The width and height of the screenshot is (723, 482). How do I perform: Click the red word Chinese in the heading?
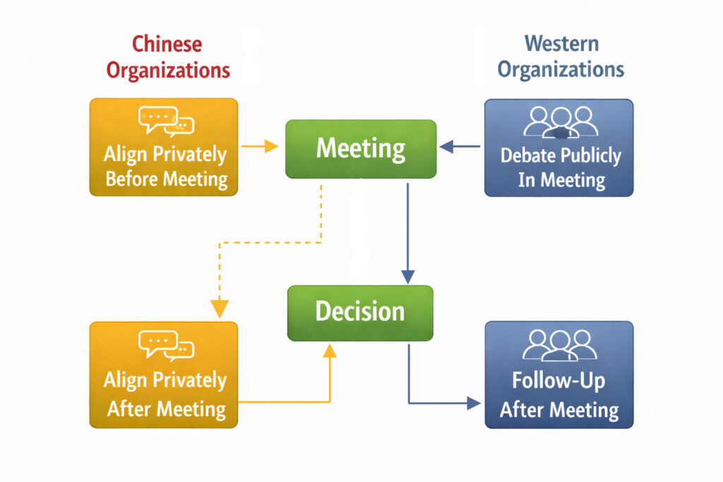point(166,44)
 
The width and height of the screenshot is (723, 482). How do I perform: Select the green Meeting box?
point(360,149)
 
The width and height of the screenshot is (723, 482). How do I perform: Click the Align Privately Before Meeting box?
point(164,147)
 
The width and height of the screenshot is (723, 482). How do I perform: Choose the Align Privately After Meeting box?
point(164,374)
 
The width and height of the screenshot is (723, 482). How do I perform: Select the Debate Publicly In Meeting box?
point(558,147)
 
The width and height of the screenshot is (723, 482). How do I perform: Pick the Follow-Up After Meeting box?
point(558,374)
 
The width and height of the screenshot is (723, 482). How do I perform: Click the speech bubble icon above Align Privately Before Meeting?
point(166,121)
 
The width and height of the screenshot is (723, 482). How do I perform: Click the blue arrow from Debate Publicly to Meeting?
point(460,147)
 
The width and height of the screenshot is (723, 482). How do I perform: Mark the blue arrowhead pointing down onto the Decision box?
point(407,277)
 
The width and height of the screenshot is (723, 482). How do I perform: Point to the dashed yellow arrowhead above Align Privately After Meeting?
point(220,308)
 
